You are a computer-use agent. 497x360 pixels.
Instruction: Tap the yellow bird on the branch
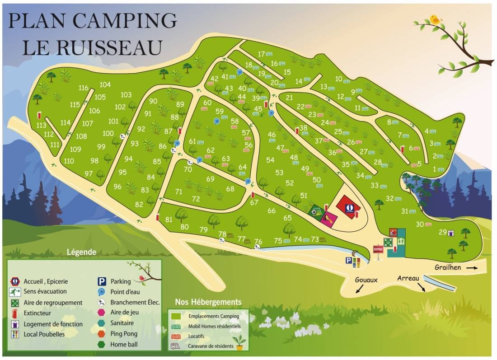coord(435,19)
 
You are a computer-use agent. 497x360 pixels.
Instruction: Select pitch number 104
coord(105,84)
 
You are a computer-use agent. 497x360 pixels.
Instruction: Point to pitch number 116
coord(84,88)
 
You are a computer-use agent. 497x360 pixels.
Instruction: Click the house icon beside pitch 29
coord(450,233)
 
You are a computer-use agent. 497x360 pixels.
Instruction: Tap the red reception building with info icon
coord(349,208)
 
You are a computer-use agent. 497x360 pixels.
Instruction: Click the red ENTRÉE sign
coord(378,249)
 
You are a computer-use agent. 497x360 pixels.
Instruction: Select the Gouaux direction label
coord(366,280)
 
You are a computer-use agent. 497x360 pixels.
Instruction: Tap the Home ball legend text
coord(124,345)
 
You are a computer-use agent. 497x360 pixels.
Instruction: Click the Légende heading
coord(81,252)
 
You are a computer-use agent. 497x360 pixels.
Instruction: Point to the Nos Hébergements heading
coord(208,302)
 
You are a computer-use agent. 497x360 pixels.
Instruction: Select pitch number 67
coord(254,202)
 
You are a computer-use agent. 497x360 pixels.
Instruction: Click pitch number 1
coord(435,169)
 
